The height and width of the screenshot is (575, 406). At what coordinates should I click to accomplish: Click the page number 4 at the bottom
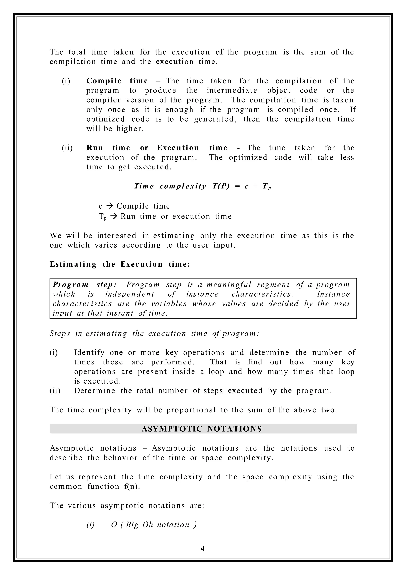202,549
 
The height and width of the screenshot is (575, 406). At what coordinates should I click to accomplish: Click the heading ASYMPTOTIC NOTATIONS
202,429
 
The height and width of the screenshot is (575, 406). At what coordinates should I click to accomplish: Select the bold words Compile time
117,81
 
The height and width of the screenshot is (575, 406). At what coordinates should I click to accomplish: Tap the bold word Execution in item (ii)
178,148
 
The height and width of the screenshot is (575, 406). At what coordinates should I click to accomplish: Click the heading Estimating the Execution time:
120,264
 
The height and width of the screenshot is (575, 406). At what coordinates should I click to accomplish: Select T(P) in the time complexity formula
221,186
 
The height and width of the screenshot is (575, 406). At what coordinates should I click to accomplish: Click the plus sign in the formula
255,186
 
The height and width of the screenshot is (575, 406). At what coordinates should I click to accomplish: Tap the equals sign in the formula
237,186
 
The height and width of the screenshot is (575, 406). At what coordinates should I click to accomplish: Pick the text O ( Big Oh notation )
154,524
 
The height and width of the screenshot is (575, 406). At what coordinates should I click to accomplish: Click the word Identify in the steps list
89,352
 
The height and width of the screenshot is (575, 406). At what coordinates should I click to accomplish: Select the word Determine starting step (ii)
95,391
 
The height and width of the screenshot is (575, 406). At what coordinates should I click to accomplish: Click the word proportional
191,410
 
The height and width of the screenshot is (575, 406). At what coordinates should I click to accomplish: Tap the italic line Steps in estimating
154,333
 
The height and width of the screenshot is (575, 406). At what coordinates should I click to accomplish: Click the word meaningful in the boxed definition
229,285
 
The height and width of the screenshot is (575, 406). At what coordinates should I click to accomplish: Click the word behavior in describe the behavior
121,458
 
